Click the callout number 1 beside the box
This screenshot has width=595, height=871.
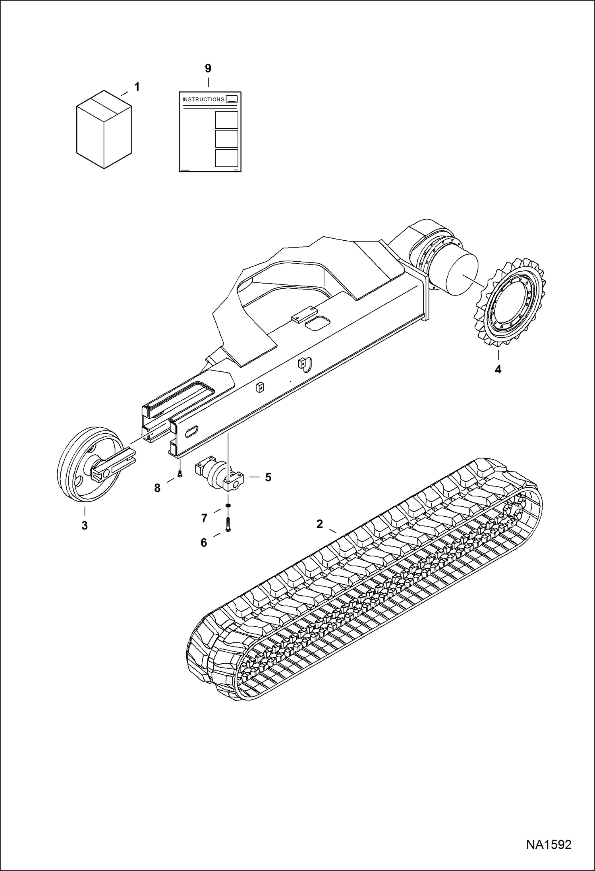click(x=137, y=87)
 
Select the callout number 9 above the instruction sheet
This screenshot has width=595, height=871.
click(x=208, y=68)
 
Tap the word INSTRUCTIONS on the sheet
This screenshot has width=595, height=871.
click(x=203, y=99)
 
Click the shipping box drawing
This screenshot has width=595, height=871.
click(x=104, y=129)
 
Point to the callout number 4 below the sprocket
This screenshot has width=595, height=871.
click(x=498, y=369)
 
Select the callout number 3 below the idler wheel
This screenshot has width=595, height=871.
click(x=85, y=525)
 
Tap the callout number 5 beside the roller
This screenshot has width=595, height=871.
click(x=268, y=477)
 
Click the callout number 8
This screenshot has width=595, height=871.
click(x=157, y=488)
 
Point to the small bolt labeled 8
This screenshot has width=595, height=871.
click(x=180, y=473)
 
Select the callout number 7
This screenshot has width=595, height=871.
click(x=204, y=518)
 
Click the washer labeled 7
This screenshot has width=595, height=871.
click(x=228, y=505)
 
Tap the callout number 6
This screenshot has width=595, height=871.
click(x=204, y=543)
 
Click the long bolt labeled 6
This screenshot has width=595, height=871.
click(x=228, y=524)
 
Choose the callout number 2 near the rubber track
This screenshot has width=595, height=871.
click(x=320, y=524)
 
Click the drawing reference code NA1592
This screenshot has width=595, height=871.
click(x=549, y=844)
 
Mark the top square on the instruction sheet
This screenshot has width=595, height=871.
click(x=226, y=120)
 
